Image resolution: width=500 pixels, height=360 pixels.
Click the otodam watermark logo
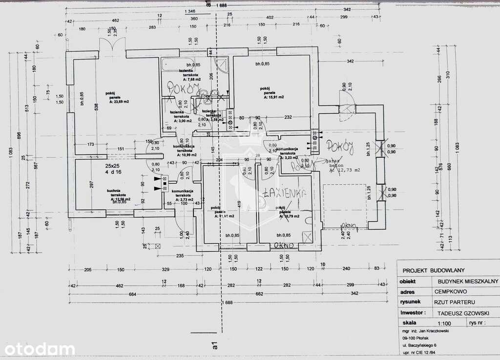[38, 349]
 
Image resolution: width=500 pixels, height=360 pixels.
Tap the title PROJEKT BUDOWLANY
[433, 270]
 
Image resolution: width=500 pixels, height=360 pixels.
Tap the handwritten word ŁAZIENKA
[284, 193]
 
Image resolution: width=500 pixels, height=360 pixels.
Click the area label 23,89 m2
[119, 102]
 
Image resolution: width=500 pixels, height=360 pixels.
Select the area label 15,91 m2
[273, 97]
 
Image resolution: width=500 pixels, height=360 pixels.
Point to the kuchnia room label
[114, 190]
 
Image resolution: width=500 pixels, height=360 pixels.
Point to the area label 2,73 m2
[185, 200]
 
